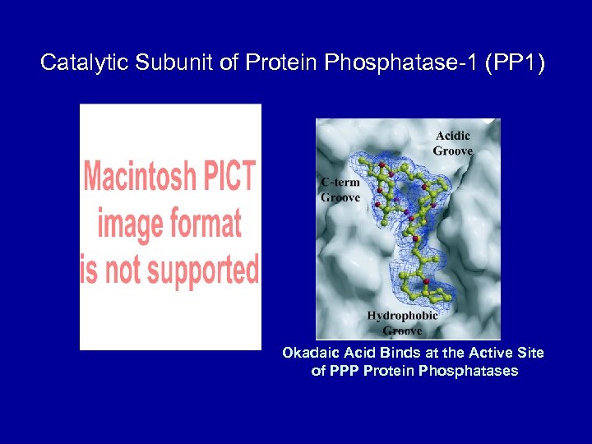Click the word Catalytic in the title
click(x=74, y=62)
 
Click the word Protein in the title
click(x=280, y=62)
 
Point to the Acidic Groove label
click(x=453, y=143)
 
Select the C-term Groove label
click(x=340, y=190)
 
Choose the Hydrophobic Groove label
click(x=402, y=323)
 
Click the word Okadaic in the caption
click(x=308, y=353)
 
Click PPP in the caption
click(x=345, y=371)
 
